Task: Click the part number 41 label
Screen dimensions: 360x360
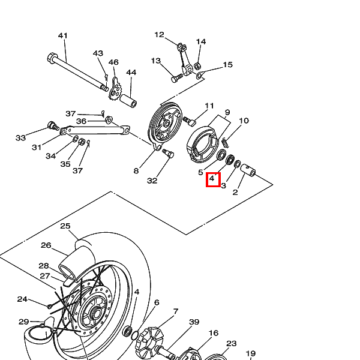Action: pyautogui.click(x=62, y=35)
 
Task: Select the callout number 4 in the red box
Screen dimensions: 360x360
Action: pyautogui.click(x=212, y=178)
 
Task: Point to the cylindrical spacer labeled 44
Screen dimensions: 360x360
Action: pyautogui.click(x=128, y=101)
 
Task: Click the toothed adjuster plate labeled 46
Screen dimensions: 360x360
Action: pyautogui.click(x=115, y=89)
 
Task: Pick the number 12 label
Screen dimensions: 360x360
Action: pyautogui.click(x=160, y=35)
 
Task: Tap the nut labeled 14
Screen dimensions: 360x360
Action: pyautogui.click(x=197, y=66)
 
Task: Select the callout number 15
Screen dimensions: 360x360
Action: pyautogui.click(x=228, y=65)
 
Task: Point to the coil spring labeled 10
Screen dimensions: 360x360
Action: pyautogui.click(x=226, y=143)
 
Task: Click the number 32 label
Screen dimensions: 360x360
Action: pyautogui.click(x=152, y=181)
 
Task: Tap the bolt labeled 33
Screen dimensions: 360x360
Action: pyautogui.click(x=53, y=126)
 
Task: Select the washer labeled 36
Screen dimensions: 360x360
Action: pyautogui.click(x=109, y=119)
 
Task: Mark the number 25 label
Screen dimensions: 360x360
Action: pyautogui.click(x=65, y=226)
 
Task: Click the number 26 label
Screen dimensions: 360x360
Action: pyautogui.click(x=46, y=245)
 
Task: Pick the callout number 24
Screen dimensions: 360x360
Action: pyautogui.click(x=22, y=299)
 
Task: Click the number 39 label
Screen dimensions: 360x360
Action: pyautogui.click(x=194, y=322)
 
